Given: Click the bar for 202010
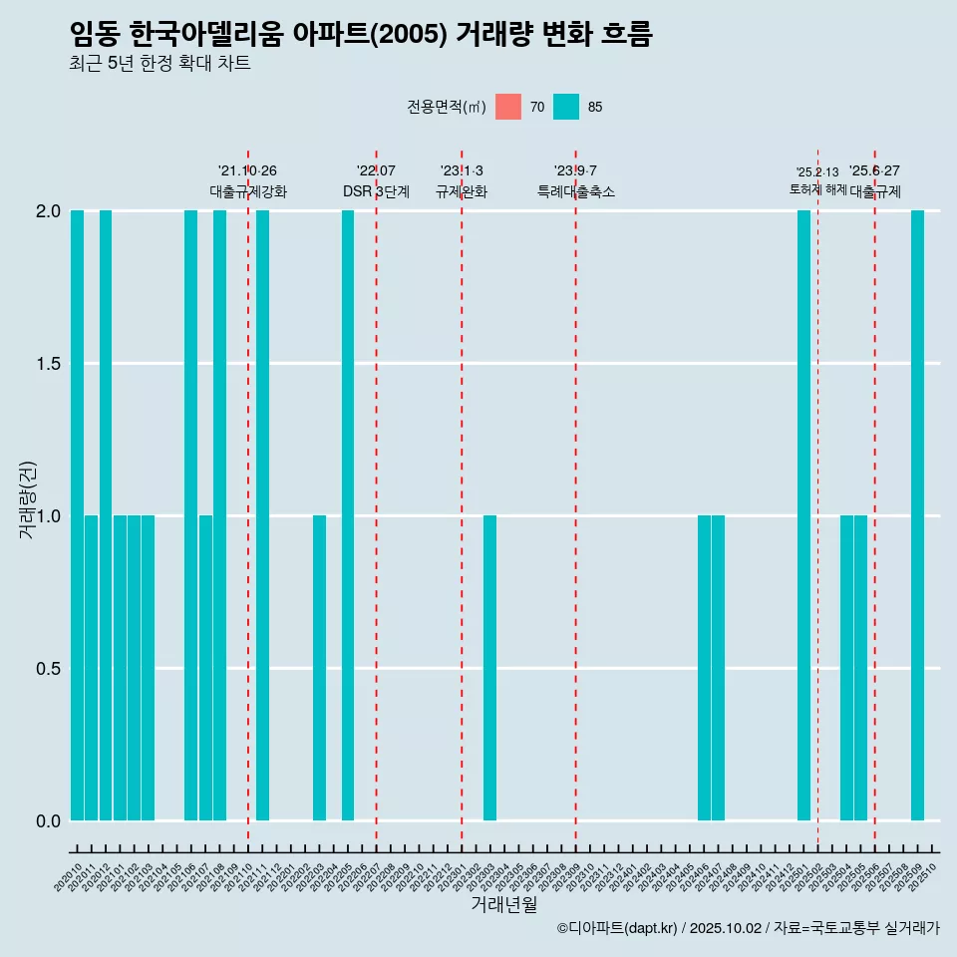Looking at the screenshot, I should tap(77, 515).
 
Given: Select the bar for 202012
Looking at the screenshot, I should tap(106, 515).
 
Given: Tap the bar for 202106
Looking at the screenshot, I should tap(190, 515).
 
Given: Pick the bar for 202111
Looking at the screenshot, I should tap(262, 515).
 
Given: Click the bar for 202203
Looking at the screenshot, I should tap(319, 668).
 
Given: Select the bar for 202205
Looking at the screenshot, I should tap(348, 515).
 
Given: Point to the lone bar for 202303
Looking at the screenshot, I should tap(489, 668).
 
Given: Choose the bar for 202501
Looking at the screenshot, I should tap(803, 515).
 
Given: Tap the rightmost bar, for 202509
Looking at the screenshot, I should tap(917, 515).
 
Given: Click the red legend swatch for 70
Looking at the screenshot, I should tap(508, 107).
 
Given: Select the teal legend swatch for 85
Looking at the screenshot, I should tap(566, 107).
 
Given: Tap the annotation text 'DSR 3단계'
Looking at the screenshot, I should tap(376, 191).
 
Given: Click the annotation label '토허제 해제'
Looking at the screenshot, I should tap(817, 189).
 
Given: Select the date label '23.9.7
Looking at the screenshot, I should tap(575, 170).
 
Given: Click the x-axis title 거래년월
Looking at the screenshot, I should tap(503, 904).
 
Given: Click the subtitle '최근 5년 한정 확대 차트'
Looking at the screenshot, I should tap(159, 64).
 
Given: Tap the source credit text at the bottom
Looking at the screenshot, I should tap(748, 928).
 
